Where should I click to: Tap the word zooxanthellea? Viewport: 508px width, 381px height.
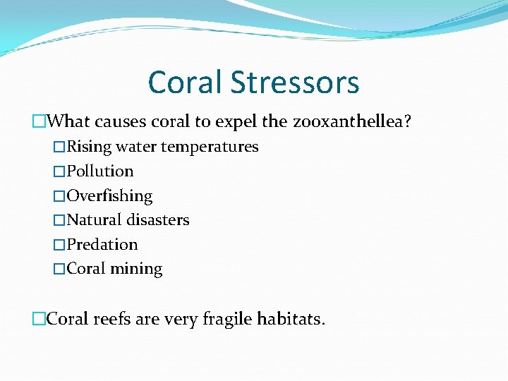[349, 122]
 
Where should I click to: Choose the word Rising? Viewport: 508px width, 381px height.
[89, 147]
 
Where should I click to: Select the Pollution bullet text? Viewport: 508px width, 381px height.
[100, 171]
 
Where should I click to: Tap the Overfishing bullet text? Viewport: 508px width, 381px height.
[109, 195]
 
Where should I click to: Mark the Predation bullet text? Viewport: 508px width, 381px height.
[102, 245]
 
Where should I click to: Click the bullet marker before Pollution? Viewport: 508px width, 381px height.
[60, 171]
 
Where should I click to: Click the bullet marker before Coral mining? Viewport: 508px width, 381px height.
[60, 269]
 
